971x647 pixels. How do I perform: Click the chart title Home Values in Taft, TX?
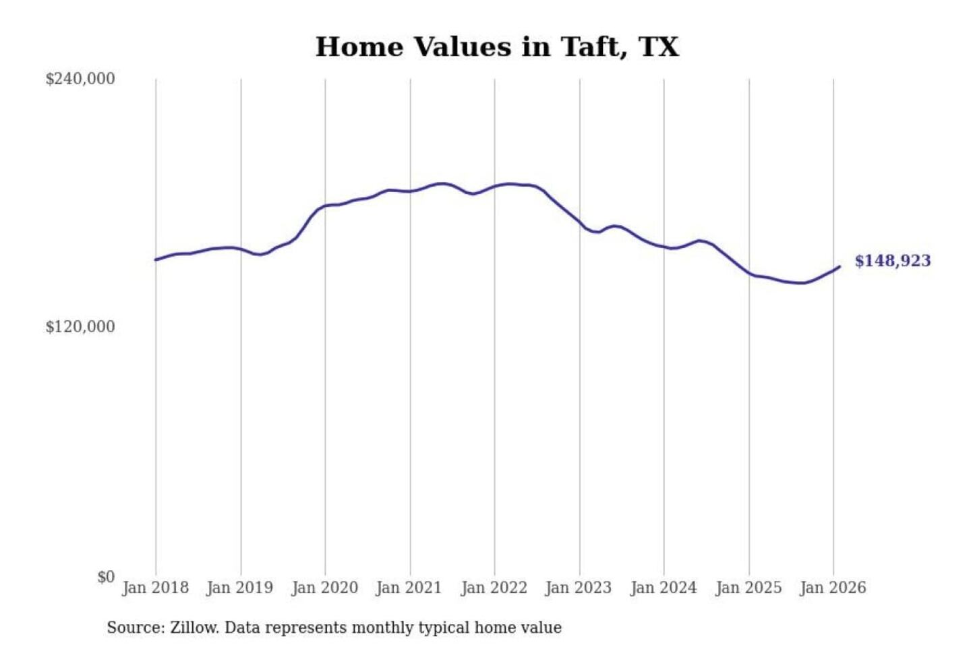[497, 47]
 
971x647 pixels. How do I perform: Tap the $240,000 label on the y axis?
[80, 79]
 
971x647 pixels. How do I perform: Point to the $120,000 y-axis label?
[80, 327]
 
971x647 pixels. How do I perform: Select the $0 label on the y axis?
[106, 577]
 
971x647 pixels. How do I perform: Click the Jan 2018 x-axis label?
[155, 588]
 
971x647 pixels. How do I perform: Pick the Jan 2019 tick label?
[239, 588]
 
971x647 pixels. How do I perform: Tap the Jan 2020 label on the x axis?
[324, 588]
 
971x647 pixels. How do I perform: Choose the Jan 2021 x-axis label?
[409, 588]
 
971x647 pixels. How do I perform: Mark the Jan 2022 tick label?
[494, 588]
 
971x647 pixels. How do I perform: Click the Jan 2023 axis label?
[578, 588]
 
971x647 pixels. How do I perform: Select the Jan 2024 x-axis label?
[663, 588]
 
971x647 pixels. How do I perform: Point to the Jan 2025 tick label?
[748, 588]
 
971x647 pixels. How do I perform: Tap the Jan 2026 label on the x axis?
[832, 588]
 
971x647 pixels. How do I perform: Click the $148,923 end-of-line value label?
[893, 261]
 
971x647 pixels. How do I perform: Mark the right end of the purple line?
[840, 267]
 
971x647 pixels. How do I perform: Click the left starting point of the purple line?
[156, 259]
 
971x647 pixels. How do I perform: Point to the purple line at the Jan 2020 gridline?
[325, 206]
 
